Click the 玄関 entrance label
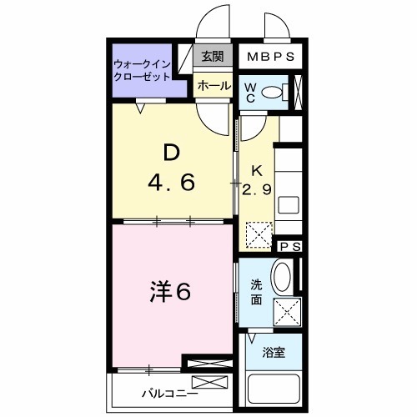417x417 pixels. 213,57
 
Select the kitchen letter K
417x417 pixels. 258,170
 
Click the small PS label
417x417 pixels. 289,246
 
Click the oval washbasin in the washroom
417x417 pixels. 283,277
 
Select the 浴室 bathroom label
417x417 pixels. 274,352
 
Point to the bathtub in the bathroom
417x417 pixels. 274,391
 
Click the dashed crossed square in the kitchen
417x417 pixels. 259,233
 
